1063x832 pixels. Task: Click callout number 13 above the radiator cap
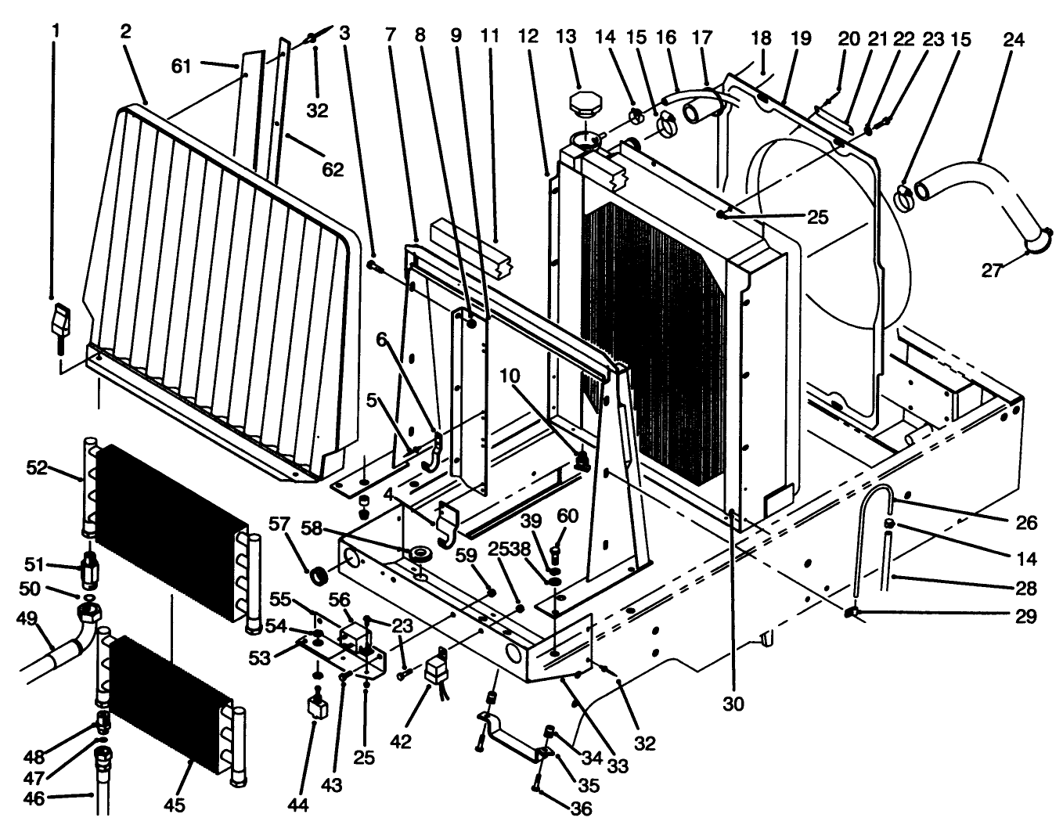point(566,37)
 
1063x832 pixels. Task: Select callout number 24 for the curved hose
point(1013,38)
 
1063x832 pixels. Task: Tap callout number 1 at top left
point(55,31)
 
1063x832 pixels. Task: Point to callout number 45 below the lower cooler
point(175,805)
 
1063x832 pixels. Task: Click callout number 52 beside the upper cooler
point(37,467)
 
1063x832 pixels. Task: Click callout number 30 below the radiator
point(733,704)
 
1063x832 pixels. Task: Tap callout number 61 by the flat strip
point(182,67)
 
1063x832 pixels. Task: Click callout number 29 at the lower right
point(1026,617)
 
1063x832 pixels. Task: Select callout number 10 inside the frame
point(510,376)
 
